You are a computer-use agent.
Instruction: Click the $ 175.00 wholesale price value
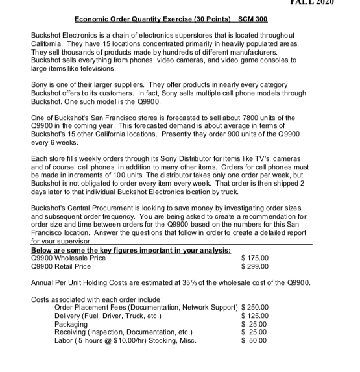click(255, 258)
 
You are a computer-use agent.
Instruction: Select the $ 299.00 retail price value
click(255, 266)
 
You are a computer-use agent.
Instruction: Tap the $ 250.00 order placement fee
click(255, 307)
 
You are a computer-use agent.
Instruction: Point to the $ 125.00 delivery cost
click(255, 316)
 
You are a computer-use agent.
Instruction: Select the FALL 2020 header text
click(328, 3)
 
